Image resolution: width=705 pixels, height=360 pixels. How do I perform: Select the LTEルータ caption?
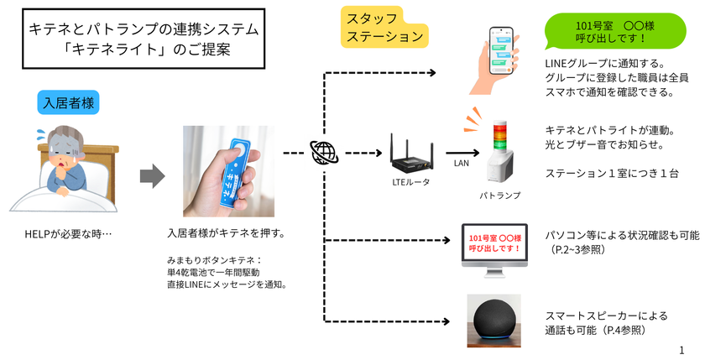tap(410, 182)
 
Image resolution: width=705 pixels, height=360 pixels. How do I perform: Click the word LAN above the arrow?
tap(461, 164)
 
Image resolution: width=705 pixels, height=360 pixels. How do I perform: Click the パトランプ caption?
tap(500, 195)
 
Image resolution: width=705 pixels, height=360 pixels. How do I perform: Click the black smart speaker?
tap(493, 320)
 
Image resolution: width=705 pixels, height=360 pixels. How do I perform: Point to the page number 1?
tap(682, 347)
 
